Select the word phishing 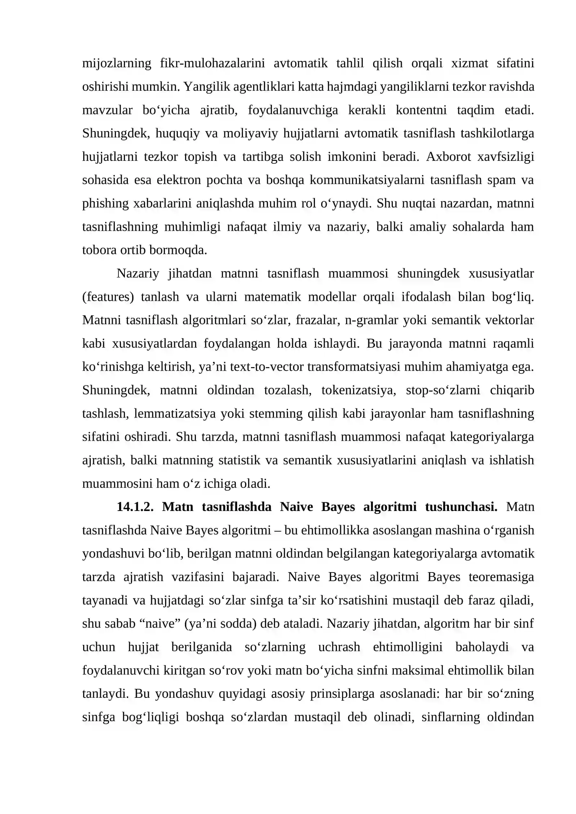(105, 204)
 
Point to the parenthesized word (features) (108, 297)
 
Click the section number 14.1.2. (135, 507)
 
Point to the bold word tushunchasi (461, 507)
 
